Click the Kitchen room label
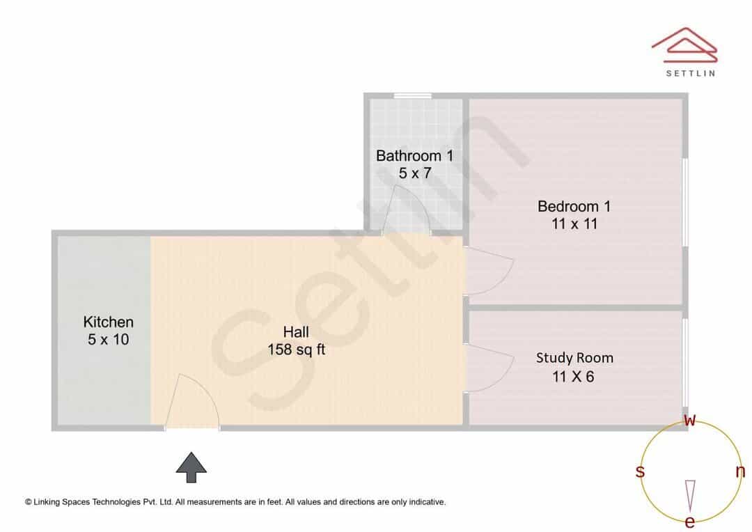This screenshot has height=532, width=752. (109, 322)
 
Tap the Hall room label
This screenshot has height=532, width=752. (296, 331)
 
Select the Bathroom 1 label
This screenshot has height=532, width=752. (414, 155)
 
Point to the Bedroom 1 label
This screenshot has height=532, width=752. (574, 206)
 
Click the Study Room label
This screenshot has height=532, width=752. (574, 358)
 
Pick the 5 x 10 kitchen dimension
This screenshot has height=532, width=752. (109, 340)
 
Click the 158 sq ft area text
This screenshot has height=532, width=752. (297, 350)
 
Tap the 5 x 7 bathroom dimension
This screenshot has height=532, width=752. (415, 173)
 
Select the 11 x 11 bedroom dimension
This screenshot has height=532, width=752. (574, 224)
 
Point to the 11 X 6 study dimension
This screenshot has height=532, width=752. (573, 377)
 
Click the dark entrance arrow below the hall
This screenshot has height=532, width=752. (191, 467)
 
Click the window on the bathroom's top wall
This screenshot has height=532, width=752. (412, 96)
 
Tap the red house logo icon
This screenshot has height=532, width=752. (684, 45)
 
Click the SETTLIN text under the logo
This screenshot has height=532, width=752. (691, 73)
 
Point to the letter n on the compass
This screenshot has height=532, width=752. (740, 471)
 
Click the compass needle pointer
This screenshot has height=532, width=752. (690, 496)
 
